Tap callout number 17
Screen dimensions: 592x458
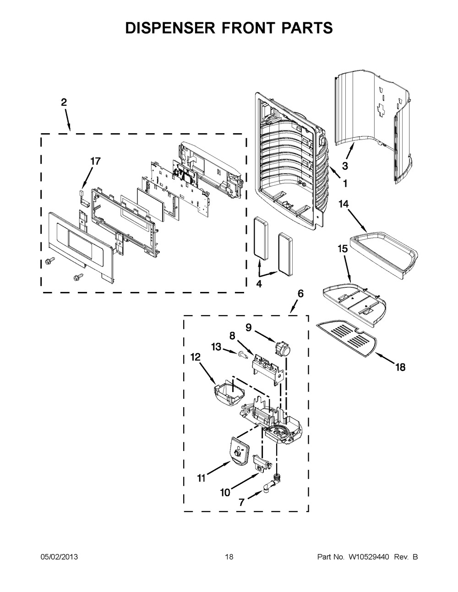click(95, 161)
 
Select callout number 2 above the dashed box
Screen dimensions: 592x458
click(64, 102)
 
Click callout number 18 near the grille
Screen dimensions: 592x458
click(400, 367)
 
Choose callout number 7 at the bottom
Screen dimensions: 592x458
click(240, 501)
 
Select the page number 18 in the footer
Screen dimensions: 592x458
click(229, 557)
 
